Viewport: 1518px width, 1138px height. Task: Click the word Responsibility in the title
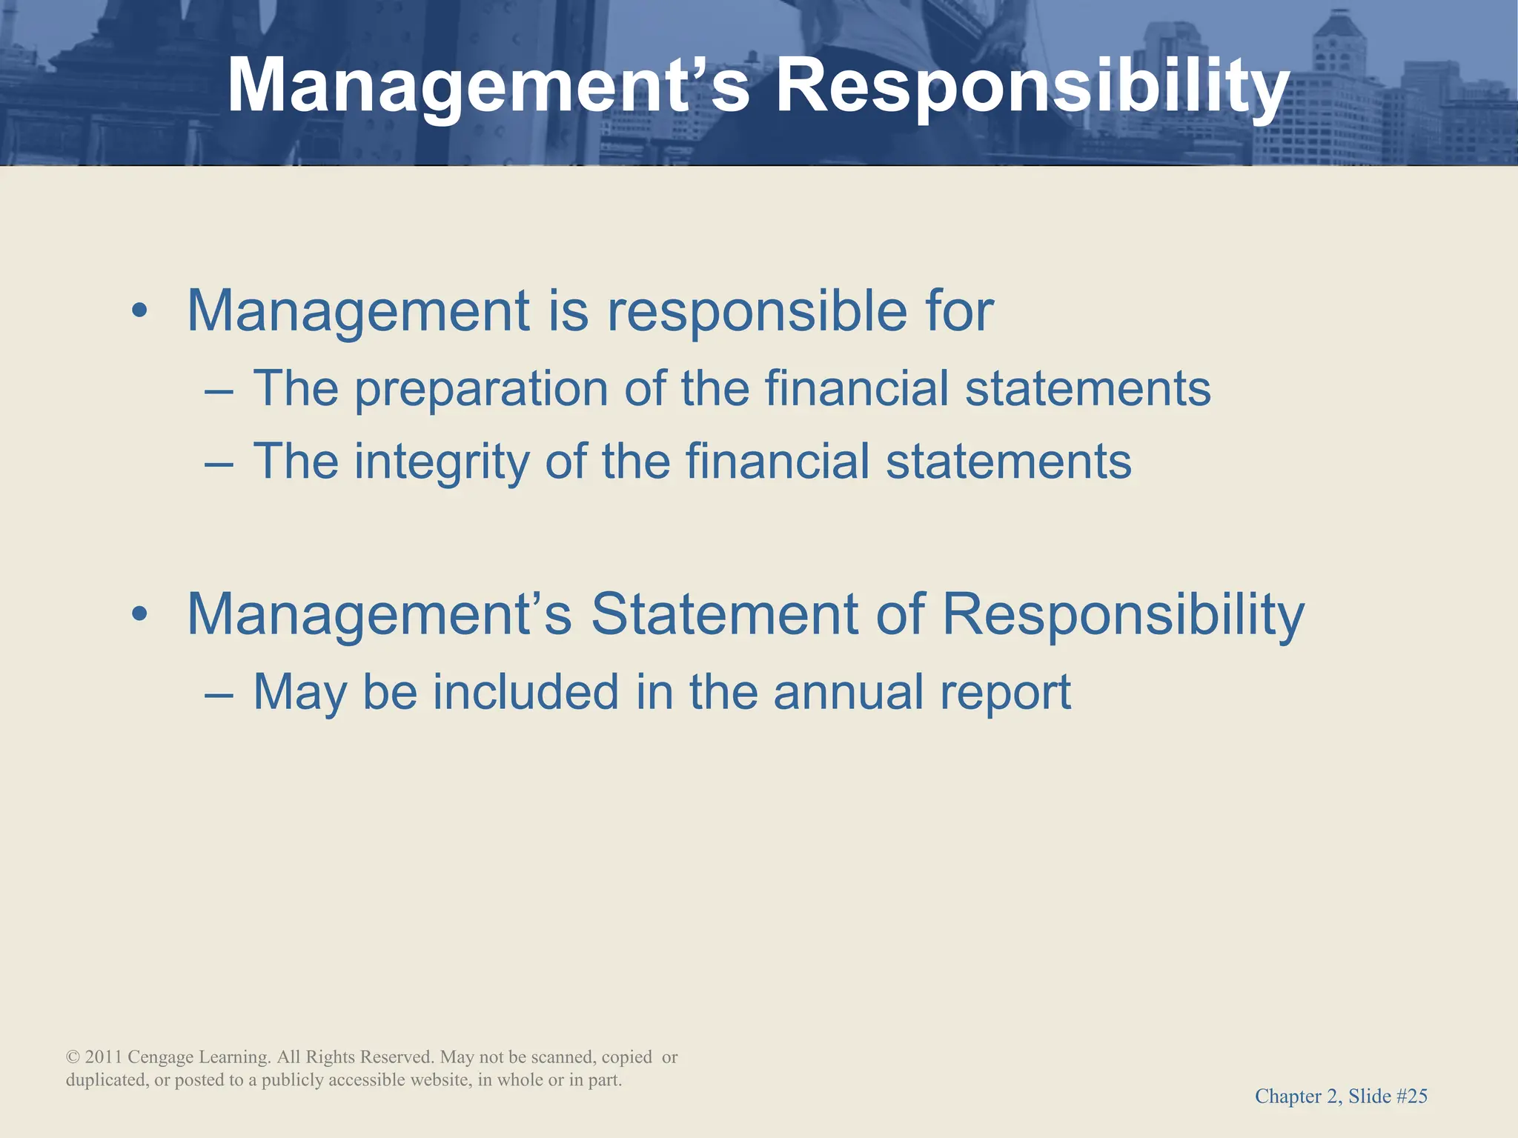point(1032,87)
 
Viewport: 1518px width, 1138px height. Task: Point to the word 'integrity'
point(442,462)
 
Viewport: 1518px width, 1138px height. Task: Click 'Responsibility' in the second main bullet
point(1123,615)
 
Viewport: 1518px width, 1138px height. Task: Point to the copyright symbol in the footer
point(73,1057)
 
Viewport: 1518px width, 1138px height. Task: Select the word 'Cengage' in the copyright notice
point(161,1058)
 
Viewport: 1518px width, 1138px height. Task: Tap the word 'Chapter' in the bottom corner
point(1286,1097)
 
